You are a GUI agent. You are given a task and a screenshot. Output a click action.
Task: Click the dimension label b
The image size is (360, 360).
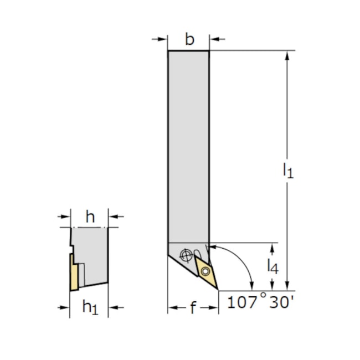189,39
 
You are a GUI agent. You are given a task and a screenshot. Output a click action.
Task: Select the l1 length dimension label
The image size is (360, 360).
288,170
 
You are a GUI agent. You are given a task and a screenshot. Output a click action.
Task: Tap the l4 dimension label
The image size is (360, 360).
272,266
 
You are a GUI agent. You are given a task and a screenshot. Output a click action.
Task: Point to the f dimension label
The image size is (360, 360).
193,307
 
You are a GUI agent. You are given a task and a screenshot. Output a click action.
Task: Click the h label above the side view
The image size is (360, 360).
90,217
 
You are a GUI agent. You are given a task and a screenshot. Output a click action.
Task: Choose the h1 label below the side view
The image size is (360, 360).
90,307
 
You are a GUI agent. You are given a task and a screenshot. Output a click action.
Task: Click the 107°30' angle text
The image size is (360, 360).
261,302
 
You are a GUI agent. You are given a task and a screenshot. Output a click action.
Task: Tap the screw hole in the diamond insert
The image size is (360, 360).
205,272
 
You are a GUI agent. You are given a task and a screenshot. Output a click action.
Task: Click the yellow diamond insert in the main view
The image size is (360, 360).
205,271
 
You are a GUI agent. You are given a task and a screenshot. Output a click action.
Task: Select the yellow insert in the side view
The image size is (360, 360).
74,272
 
